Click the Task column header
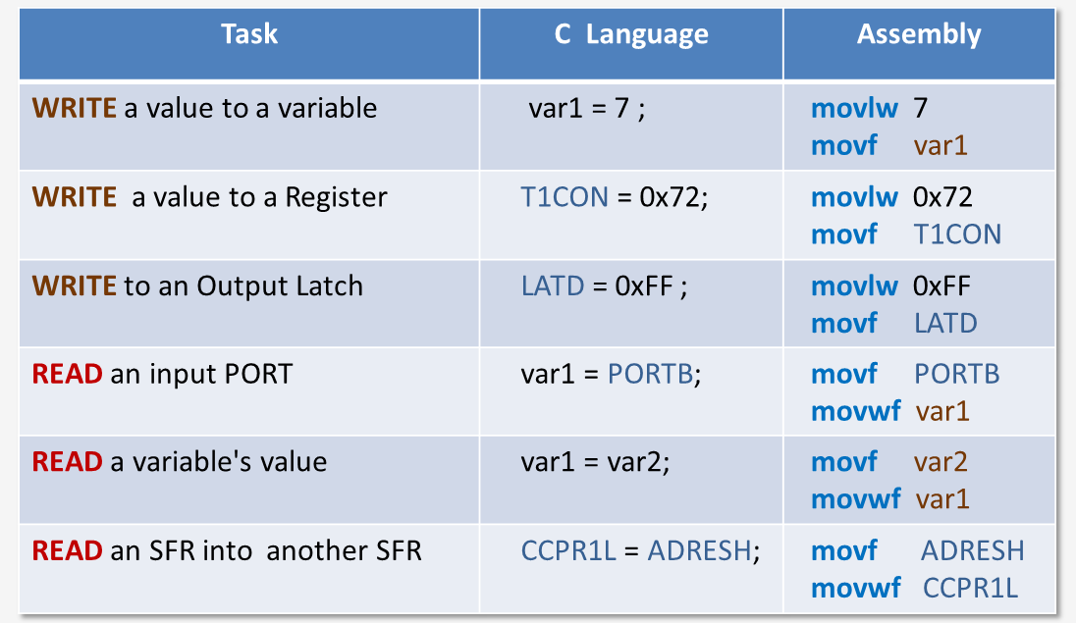tap(249, 34)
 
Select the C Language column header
tap(631, 35)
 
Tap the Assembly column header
tap(919, 34)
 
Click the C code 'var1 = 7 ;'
tap(587, 108)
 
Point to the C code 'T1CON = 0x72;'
tap(615, 197)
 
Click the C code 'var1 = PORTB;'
tap(611, 374)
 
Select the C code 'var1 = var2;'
tap(595, 462)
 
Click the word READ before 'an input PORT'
tap(68, 374)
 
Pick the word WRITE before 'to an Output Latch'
tap(75, 286)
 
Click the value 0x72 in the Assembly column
tap(942, 197)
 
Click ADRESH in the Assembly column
tap(972, 550)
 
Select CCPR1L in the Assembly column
tap(970, 588)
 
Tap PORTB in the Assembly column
tap(956, 374)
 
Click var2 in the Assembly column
tap(941, 462)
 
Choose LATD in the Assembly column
tap(945, 323)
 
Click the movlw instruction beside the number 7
tap(854, 108)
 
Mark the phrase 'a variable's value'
tap(219, 462)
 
